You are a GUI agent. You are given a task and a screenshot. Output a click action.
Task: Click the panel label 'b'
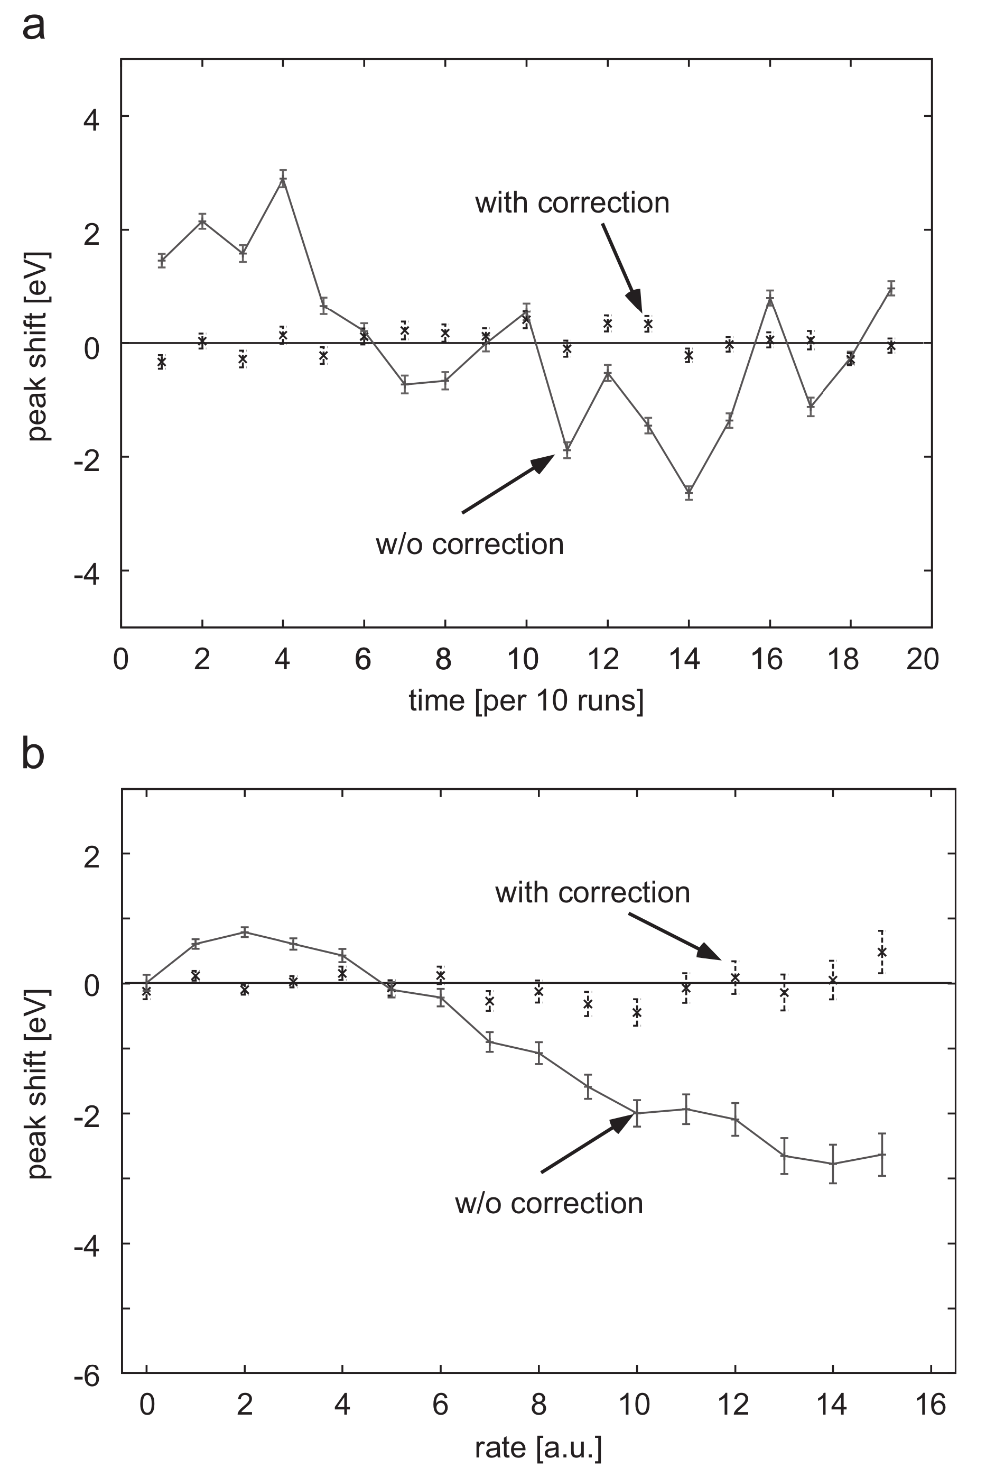(x=33, y=754)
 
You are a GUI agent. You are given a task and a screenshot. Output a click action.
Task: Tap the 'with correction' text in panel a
(x=572, y=203)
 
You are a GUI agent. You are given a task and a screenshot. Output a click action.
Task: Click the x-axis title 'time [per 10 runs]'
(x=526, y=700)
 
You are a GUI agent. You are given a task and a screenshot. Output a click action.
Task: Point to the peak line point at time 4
(x=283, y=179)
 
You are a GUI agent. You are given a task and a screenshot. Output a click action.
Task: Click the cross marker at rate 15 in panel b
(x=881, y=952)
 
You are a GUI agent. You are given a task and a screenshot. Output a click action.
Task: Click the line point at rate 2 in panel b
(x=245, y=931)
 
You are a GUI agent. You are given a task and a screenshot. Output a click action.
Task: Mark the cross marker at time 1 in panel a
(x=162, y=362)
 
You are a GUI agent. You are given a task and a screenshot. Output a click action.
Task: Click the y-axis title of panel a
(x=39, y=345)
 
